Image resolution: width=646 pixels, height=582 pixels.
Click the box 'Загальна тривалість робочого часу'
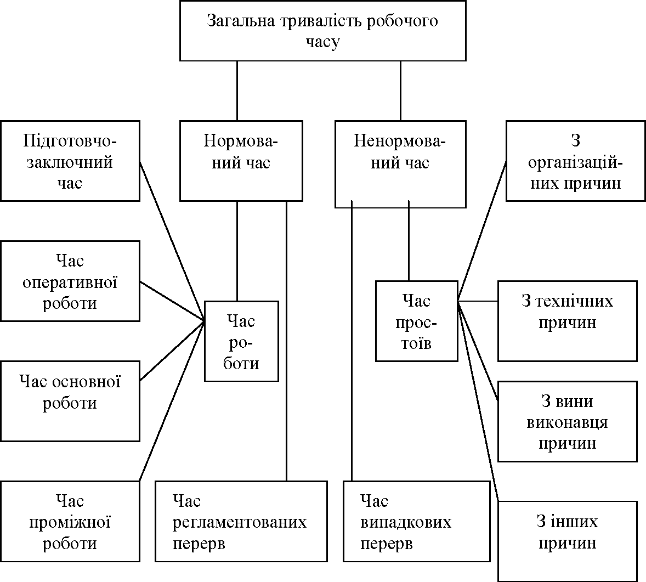pyautogui.click(x=322, y=31)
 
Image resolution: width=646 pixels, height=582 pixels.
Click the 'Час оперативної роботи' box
pyautogui.click(x=70, y=281)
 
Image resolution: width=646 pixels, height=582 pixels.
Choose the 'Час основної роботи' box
pyautogui.click(x=70, y=401)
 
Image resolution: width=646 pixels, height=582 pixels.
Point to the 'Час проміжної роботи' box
pyautogui.click(x=70, y=522)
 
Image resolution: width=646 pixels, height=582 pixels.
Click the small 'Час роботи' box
pyautogui.click(x=241, y=341)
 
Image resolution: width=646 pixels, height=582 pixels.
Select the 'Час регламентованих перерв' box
pyautogui.click(x=241, y=522)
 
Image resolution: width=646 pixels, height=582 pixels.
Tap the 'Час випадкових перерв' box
pyautogui.click(x=417, y=522)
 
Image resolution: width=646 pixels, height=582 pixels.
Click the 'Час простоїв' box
pyautogui.click(x=417, y=321)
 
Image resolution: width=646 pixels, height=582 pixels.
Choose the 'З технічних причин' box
pyautogui.click(x=568, y=321)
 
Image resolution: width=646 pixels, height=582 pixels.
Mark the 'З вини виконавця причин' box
pyautogui.click(x=568, y=421)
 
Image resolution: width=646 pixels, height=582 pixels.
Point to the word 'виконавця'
pyautogui.click(x=568, y=422)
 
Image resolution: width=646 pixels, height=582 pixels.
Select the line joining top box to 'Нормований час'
pyautogui.click(x=237, y=91)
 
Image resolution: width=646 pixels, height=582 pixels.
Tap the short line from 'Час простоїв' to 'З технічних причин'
pyautogui.click(x=478, y=301)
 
